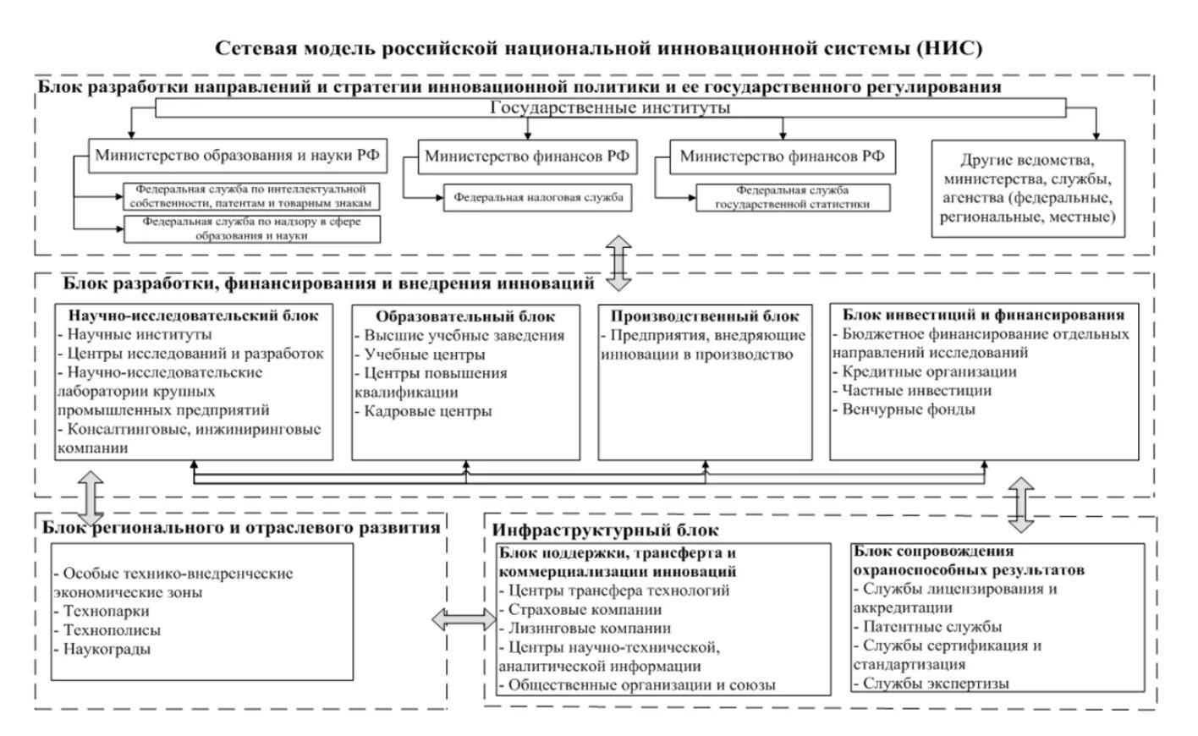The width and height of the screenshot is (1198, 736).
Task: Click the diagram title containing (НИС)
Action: pyautogui.click(x=598, y=48)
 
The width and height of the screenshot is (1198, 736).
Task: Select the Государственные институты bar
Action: pyautogui.click(x=610, y=108)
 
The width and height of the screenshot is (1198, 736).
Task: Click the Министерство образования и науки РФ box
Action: pyautogui.click(x=237, y=157)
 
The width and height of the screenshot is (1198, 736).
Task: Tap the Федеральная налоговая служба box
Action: pyautogui.click(x=538, y=198)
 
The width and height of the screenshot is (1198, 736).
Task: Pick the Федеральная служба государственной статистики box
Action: pyautogui.click(x=793, y=197)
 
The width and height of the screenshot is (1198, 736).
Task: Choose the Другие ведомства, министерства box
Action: pyautogui.click(x=1028, y=189)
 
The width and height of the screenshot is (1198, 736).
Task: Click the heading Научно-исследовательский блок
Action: pyautogui.click(x=194, y=316)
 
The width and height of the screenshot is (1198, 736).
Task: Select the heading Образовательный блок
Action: pyautogui.click(x=465, y=316)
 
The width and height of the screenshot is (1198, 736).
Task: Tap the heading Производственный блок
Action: pyautogui.click(x=705, y=316)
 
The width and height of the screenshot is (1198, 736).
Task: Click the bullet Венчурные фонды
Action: pyautogui.click(x=908, y=409)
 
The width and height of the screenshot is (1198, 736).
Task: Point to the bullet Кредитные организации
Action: pyautogui.click(x=929, y=371)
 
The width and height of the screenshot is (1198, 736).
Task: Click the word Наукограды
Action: pyautogui.click(x=107, y=650)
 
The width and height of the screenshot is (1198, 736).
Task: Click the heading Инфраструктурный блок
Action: pyautogui.click(x=606, y=530)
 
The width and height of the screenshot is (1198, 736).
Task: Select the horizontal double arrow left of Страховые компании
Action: pyautogui.click(x=464, y=619)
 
